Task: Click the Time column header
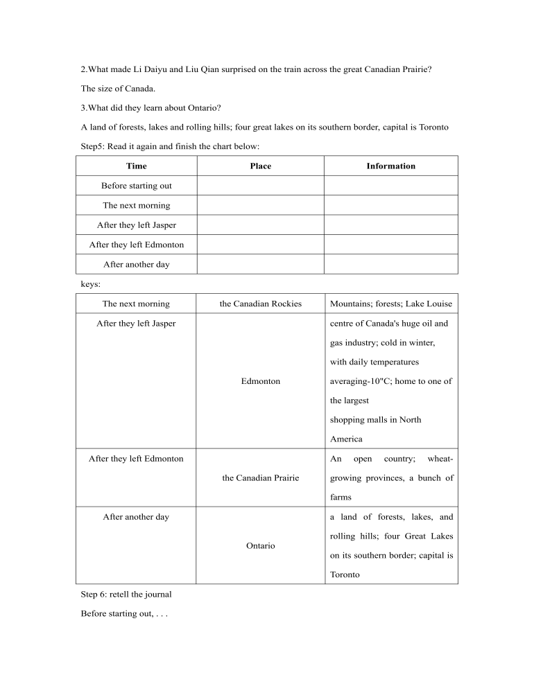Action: pos(137,166)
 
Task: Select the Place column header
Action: pos(261,166)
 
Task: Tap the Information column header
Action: pos(391,166)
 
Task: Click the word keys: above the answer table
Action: pos(91,283)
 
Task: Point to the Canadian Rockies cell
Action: pos(261,304)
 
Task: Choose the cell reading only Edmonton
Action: pos(261,381)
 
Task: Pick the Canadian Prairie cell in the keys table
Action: pos(261,478)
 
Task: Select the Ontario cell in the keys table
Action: pos(261,546)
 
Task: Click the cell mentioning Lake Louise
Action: pos(390,304)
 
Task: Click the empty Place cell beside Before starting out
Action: pos(261,186)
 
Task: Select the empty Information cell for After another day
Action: pos(391,264)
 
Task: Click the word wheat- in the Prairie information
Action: pos(440,459)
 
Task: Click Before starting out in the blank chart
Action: pos(137,186)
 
